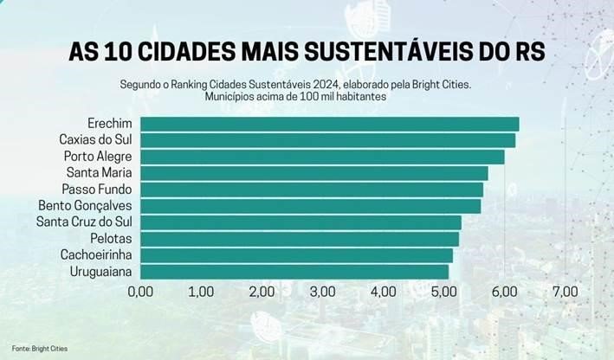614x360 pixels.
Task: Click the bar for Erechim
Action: click(x=329, y=124)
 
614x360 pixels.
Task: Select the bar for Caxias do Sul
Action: click(x=327, y=140)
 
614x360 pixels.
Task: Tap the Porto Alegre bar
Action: click(x=322, y=157)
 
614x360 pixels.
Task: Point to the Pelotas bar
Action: click(x=300, y=239)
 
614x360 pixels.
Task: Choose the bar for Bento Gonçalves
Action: click(x=310, y=206)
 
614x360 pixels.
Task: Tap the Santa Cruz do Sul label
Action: click(x=84, y=222)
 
